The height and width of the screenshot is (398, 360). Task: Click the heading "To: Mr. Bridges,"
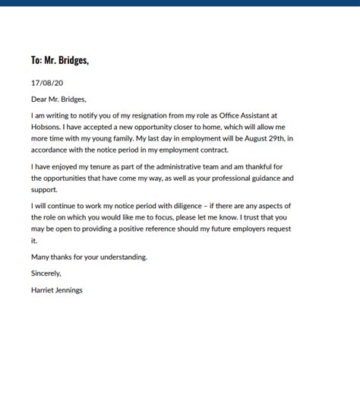point(60,60)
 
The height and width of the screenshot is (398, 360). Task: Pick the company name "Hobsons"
point(47,127)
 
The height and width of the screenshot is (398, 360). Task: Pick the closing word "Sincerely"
point(46,273)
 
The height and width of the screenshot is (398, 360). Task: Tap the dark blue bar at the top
point(180,2)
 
